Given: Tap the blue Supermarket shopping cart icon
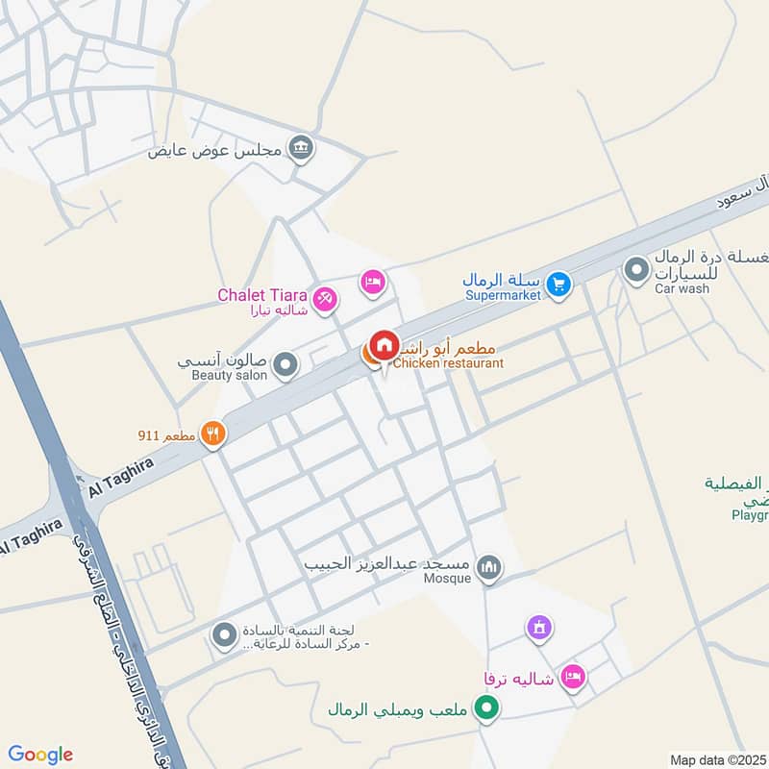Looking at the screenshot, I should coord(558,284).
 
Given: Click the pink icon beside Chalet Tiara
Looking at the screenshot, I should coord(326,300).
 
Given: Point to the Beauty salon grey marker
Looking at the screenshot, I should coord(285,364).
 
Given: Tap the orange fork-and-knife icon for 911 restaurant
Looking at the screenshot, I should coord(212,434).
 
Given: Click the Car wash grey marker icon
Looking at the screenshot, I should coord(635,270).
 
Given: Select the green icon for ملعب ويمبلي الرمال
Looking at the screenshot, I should coord(488,710).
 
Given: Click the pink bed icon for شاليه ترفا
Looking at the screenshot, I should coord(573,678).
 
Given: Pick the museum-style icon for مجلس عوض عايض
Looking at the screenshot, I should coord(302,148).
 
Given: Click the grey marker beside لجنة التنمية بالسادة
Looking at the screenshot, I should coord(225,635).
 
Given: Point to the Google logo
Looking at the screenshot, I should coord(40,755).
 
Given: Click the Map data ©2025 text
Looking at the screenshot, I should coord(717,759).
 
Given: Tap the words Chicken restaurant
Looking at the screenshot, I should coord(448,363).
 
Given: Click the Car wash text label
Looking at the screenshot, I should coord(682,288).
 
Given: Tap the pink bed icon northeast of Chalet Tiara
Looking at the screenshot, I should coord(373,282).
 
